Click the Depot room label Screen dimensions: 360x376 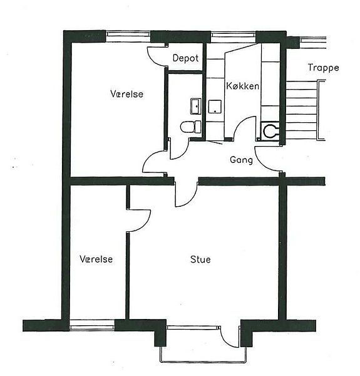coord(185,58)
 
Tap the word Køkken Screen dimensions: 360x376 coord(243,86)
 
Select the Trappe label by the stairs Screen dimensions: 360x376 coord(323,68)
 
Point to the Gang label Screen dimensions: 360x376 coord(241,160)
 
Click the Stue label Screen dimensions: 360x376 coord(200,259)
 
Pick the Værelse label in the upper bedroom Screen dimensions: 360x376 coord(126,94)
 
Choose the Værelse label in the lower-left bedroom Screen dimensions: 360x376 coord(96,259)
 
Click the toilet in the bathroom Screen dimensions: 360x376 coord(191,127)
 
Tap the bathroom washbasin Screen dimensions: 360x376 coord(196,106)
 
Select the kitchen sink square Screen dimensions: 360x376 coord(215,107)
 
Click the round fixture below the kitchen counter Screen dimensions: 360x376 coord(270,131)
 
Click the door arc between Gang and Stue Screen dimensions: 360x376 coord(189,201)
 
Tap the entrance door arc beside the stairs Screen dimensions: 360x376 coord(262,164)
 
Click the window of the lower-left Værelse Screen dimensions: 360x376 coord(92,325)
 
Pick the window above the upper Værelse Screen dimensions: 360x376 coord(128,36)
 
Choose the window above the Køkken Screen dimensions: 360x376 coord(234,37)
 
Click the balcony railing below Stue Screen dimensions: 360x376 coord(203,361)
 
